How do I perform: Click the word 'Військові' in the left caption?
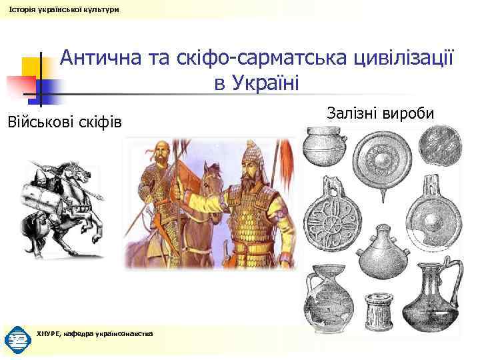click(x=40, y=123)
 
